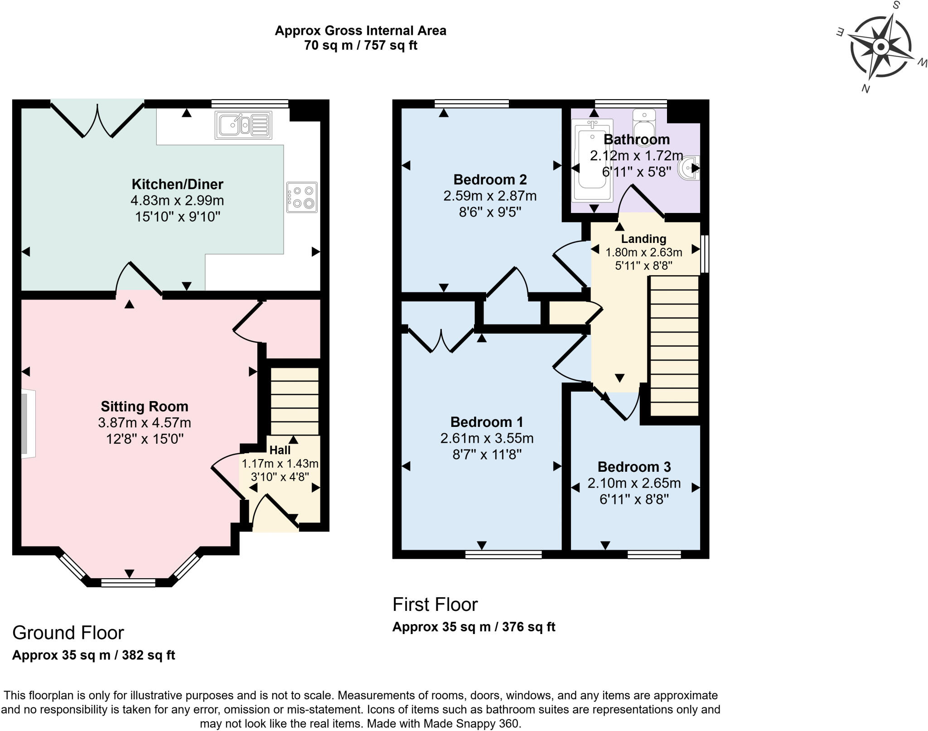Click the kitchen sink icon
coord(243,125)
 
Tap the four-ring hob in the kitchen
coord(302,197)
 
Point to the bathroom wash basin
coord(689,168)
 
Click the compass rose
coord(880,47)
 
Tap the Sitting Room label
coord(144,406)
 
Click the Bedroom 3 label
coord(633,467)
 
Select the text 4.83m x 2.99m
coord(177,200)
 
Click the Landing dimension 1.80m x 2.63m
coord(643,252)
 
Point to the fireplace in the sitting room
coord(28,423)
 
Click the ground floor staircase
coord(295,401)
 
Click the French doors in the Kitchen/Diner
coord(97,119)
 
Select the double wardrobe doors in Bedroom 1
coord(441,340)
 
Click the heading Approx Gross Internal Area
coord(361,31)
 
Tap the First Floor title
coord(435,605)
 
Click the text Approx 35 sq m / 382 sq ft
coord(93,655)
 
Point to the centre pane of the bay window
coord(128,582)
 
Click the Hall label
coord(280,450)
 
